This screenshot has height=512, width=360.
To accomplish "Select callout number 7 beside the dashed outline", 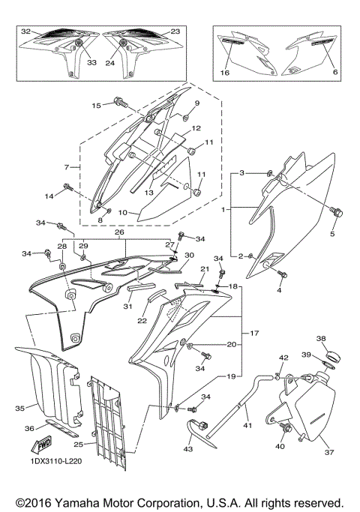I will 66,166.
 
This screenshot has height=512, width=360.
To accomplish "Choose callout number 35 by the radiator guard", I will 19,409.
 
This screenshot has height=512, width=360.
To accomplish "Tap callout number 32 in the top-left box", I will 25,32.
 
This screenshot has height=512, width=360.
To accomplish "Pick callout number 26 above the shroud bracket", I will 118,232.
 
